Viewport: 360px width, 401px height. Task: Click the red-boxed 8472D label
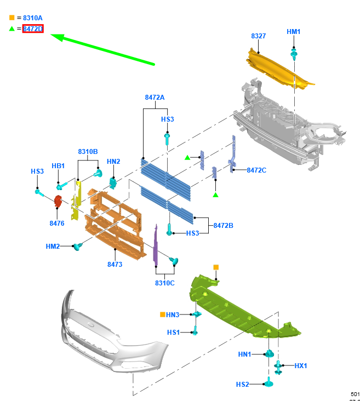tap(33, 29)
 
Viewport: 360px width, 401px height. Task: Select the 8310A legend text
tap(33, 18)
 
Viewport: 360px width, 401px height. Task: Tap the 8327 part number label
tap(259, 36)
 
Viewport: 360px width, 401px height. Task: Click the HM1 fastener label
tap(294, 32)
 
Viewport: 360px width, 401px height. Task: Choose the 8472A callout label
tap(155, 97)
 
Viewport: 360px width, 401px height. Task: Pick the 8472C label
tap(256, 170)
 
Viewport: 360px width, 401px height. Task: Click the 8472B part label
tap(223, 225)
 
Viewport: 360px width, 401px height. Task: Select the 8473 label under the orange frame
tap(115, 264)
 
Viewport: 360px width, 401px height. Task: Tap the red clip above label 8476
tap(58, 202)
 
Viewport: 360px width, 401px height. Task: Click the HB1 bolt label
tap(58, 166)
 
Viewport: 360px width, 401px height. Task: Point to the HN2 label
tap(113, 161)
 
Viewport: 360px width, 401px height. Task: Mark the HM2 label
tap(53, 247)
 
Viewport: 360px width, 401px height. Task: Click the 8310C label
tap(164, 283)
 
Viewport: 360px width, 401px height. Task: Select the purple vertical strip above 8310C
tap(156, 244)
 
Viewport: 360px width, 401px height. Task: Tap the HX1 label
tap(301, 365)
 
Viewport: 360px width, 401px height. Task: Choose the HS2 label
tap(242, 385)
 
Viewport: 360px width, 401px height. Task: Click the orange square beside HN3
tap(162, 314)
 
